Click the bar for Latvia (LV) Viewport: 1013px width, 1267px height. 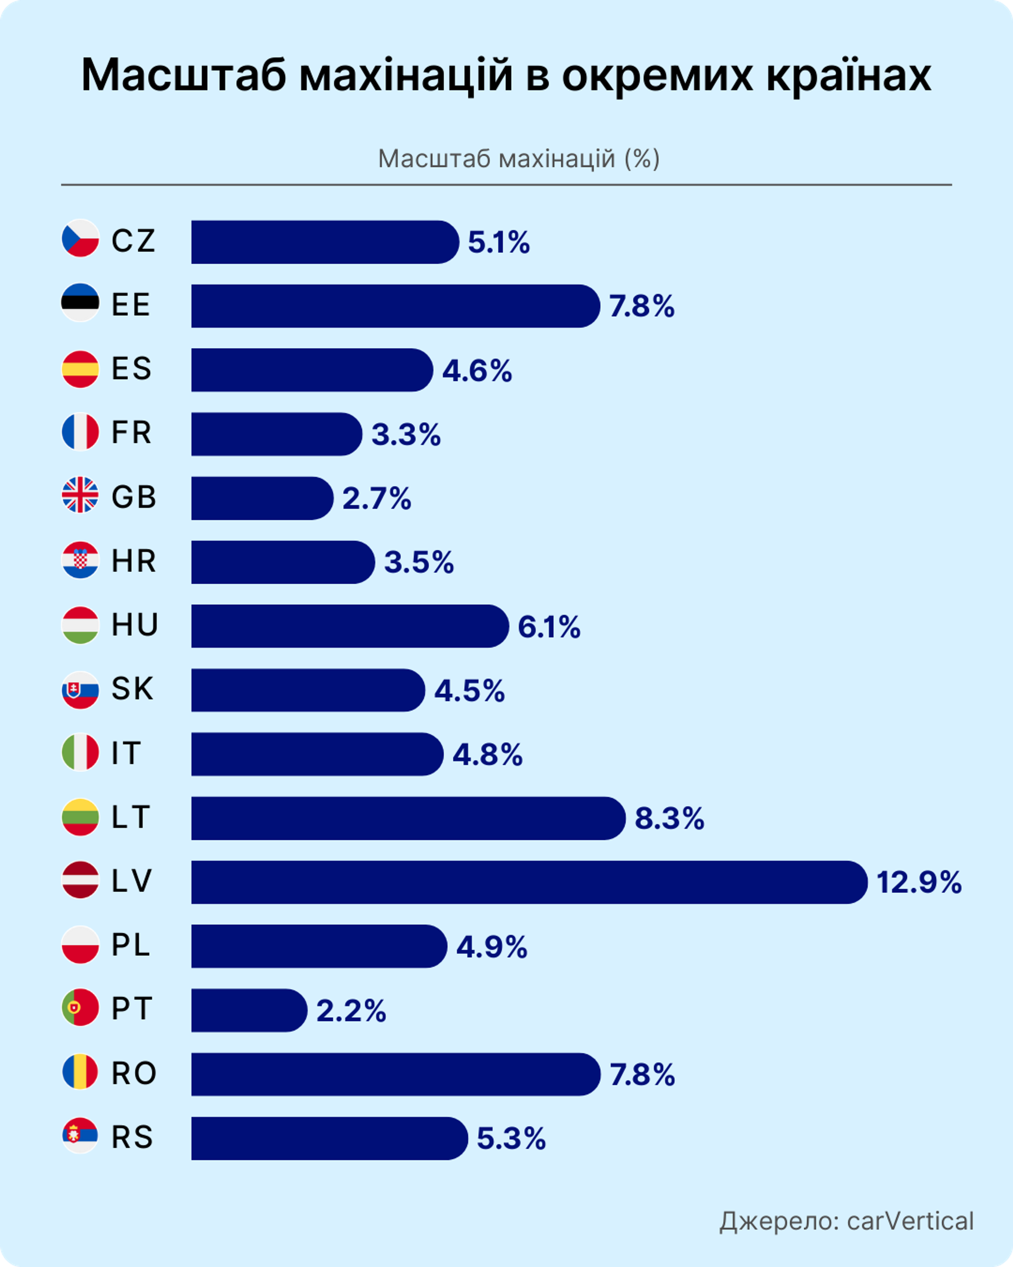(528, 882)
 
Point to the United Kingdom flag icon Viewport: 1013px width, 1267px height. (80, 495)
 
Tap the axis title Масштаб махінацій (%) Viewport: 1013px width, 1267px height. (519, 159)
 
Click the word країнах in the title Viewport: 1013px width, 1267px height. (849, 75)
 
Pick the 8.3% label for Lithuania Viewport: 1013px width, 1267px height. (669, 819)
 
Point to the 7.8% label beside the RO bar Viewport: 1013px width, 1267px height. (642, 1075)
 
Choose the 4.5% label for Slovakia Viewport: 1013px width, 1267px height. (469, 691)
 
